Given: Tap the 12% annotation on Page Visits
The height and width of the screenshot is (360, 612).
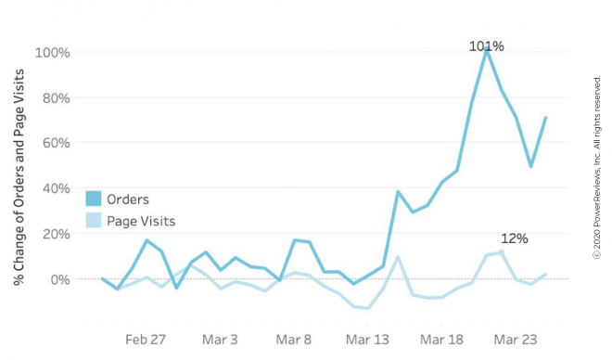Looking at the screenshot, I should click(x=514, y=238).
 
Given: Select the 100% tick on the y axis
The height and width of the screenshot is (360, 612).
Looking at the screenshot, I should click(x=52, y=53).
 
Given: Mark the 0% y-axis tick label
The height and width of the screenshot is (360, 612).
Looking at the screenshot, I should click(x=58, y=279).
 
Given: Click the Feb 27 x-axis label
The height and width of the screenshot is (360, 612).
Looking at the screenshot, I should click(x=146, y=340).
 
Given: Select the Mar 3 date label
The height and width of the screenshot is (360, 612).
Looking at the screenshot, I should click(x=221, y=340).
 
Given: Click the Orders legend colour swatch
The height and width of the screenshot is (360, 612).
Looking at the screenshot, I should click(x=94, y=199).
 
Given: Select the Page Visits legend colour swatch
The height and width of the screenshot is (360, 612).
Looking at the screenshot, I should click(x=94, y=221).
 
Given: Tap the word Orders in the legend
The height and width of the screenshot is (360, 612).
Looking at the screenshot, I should click(x=128, y=199).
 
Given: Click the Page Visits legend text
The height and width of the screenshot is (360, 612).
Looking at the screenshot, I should click(x=141, y=222).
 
